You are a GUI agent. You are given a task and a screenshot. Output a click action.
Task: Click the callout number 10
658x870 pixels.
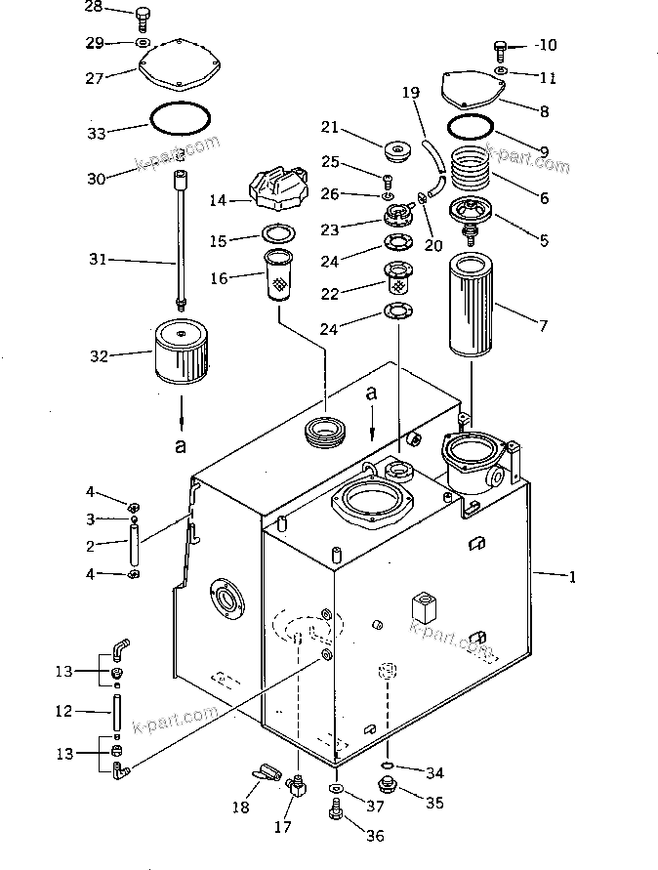[x=546, y=45]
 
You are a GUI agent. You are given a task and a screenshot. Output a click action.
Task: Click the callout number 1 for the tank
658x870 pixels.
[x=573, y=577]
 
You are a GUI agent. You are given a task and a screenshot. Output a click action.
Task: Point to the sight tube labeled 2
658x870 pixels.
[x=134, y=547]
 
